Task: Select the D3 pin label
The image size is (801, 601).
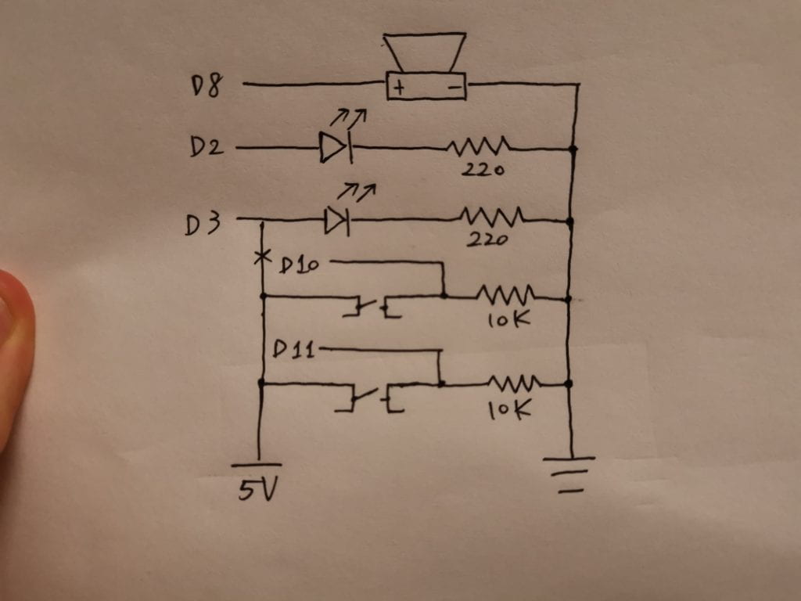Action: pyautogui.click(x=202, y=225)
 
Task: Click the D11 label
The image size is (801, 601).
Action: pyautogui.click(x=294, y=349)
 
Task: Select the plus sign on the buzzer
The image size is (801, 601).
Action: pyautogui.click(x=399, y=88)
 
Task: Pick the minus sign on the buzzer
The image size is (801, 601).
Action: pyautogui.click(x=454, y=88)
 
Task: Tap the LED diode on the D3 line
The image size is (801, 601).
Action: pyautogui.click(x=337, y=222)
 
